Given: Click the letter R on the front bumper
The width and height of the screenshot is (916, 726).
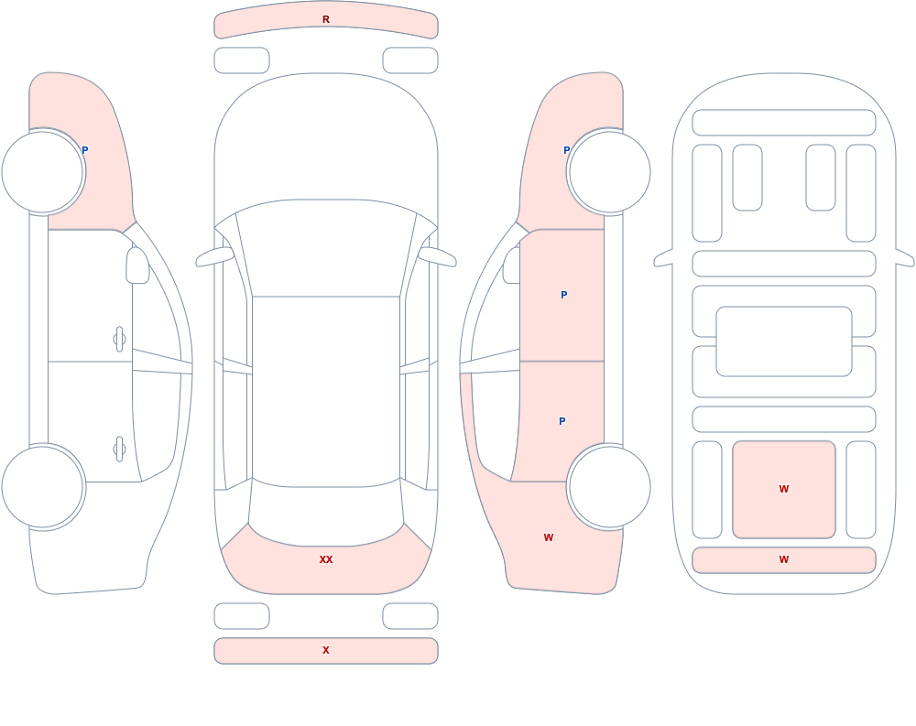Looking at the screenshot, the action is [x=326, y=19].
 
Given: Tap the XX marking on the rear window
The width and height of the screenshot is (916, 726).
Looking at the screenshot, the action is [x=326, y=559].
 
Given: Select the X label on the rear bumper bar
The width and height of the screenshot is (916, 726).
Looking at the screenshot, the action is [x=326, y=650].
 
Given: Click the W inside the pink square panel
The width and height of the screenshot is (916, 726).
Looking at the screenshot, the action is [x=784, y=489].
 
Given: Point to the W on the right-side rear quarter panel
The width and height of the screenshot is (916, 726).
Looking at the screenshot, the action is [x=549, y=537].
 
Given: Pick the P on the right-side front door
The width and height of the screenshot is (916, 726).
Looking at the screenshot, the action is [x=563, y=295].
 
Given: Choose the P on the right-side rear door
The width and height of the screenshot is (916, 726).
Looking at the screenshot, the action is [x=562, y=421].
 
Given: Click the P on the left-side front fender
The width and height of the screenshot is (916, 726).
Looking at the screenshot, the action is [x=84, y=150].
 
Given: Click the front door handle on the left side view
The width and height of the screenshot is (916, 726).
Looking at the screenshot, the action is [x=119, y=340].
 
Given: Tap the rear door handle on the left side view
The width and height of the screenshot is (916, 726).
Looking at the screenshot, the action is [x=119, y=450].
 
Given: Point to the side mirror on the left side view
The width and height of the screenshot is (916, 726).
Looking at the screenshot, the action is [x=137, y=265].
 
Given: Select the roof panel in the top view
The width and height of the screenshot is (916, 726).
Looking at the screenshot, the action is [x=326, y=391].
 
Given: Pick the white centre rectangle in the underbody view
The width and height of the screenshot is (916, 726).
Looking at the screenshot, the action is [x=784, y=341].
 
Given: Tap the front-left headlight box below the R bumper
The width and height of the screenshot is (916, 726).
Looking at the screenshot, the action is [x=242, y=60].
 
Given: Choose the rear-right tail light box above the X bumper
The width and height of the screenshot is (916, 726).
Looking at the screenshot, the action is [x=410, y=616].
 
